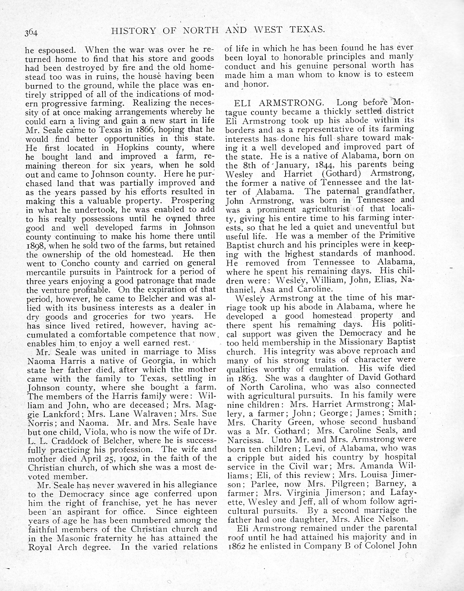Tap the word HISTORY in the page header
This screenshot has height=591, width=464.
tap(129, 30)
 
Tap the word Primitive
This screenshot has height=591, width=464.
tap(394, 235)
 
